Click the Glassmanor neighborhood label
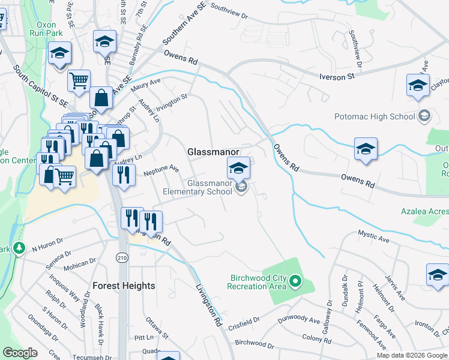214,152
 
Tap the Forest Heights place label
124,286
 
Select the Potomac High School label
384,116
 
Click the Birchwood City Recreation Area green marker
295,280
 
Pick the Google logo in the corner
20,353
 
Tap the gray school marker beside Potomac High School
424,116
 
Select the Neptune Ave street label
161,171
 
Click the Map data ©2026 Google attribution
412,355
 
